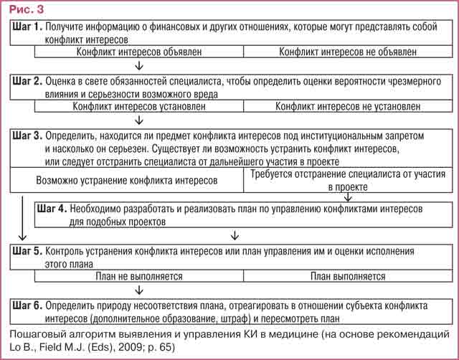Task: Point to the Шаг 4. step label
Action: tap(52, 209)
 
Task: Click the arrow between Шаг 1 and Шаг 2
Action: tap(136, 66)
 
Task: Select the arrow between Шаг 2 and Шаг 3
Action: tap(136, 120)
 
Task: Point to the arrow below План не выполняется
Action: tap(136, 290)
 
